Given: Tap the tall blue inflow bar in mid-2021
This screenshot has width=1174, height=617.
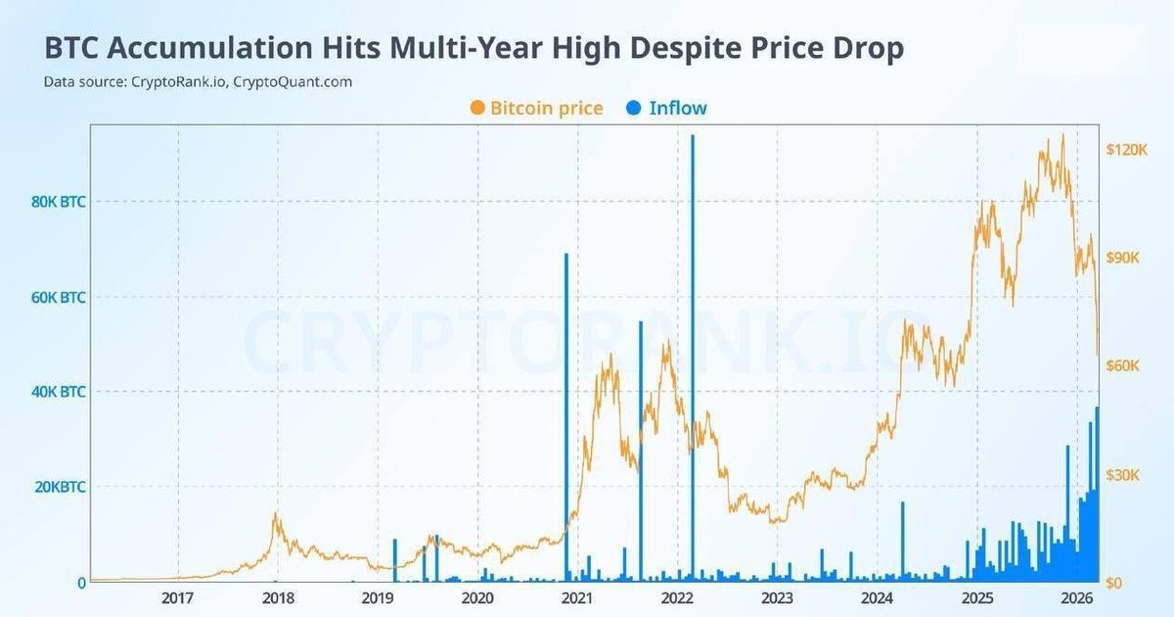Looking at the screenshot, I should coord(641,451).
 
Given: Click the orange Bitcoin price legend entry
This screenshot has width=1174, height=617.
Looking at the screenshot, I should coord(535,108).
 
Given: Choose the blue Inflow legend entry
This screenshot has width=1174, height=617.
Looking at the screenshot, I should coord(664,108).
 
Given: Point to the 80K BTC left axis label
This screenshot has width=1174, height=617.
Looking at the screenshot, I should coord(58,202).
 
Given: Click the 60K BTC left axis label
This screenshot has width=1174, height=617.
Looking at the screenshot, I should coord(58,297).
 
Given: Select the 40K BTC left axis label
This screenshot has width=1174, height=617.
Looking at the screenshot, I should coord(58,392).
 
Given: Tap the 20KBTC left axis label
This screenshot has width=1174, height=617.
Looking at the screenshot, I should coord(58,487).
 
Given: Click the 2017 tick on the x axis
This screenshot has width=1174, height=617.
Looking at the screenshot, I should coord(177,598).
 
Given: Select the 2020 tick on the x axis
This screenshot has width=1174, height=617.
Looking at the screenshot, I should coord(476,598).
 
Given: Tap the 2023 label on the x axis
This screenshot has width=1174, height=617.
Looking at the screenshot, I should coord(777,598).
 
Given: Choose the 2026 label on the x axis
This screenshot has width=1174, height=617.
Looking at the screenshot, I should coord(1076,598).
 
